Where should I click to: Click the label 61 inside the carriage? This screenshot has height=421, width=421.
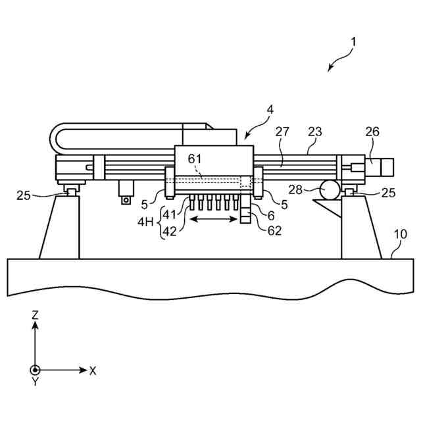pyautogui.click(x=195, y=160)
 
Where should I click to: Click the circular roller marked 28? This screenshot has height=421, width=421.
pyautogui.click(x=331, y=190)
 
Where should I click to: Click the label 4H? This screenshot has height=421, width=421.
pyautogui.click(x=145, y=222)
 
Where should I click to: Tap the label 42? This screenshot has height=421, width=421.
pyautogui.click(x=170, y=231)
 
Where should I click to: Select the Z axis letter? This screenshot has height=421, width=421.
pyautogui.click(x=35, y=315)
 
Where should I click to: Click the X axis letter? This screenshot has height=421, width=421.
pyautogui.click(x=93, y=371)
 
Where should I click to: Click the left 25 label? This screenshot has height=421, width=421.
pyautogui.click(x=24, y=195)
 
